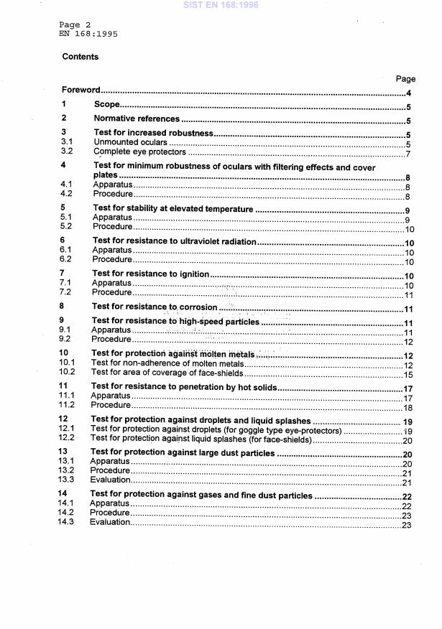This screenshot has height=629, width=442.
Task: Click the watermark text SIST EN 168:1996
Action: point(221,6)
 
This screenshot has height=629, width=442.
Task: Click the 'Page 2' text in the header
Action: point(74,24)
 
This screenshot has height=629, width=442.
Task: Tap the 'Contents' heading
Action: point(80,57)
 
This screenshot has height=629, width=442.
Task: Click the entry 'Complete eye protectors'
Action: point(140,152)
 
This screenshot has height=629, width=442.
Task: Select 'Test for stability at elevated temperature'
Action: point(173,209)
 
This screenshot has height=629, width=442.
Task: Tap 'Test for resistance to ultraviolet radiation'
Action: point(175,241)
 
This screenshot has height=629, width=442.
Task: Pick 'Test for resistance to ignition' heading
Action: point(151,274)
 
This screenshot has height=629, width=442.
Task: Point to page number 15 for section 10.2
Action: point(406,373)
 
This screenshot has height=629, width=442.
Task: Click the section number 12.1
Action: point(68,431)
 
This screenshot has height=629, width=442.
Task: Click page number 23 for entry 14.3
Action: point(406,524)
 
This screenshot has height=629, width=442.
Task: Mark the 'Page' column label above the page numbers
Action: point(405,79)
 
